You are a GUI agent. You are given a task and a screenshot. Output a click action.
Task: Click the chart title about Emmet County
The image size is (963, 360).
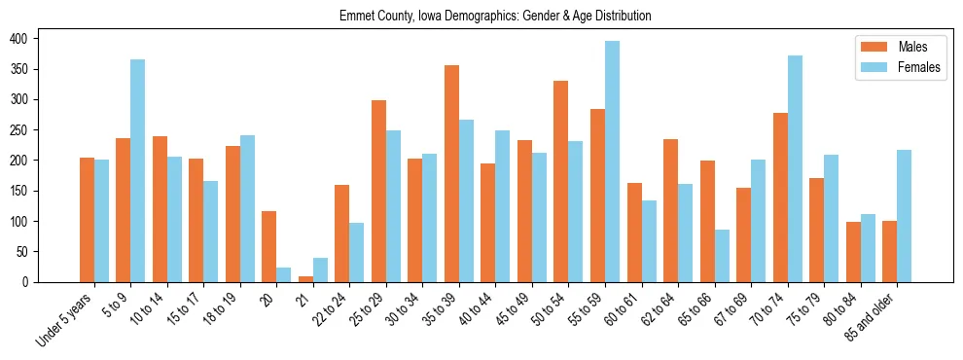click(495, 17)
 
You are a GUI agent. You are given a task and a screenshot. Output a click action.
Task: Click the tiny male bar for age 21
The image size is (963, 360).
click(305, 279)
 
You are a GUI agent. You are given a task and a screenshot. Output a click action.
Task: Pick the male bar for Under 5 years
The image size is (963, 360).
click(87, 220)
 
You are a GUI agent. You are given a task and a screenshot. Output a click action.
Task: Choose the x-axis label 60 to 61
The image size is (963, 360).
click(624, 308)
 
